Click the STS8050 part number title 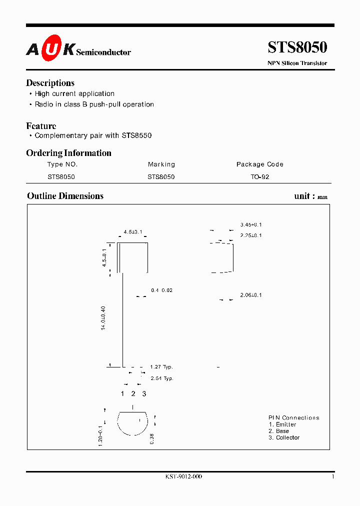(297, 47)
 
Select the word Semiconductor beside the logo (103, 52)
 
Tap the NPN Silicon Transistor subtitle (297, 63)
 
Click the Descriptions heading (50, 83)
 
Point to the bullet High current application (74, 93)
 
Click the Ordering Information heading (68, 153)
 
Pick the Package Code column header (259, 164)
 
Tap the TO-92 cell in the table (260, 177)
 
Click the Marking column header (161, 164)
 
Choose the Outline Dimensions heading (65, 196)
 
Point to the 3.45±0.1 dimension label (251, 225)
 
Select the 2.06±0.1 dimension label (251, 295)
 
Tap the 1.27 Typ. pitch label (161, 367)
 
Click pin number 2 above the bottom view (133, 394)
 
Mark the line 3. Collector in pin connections (284, 437)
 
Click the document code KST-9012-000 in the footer (183, 477)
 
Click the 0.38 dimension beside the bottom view (152, 438)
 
